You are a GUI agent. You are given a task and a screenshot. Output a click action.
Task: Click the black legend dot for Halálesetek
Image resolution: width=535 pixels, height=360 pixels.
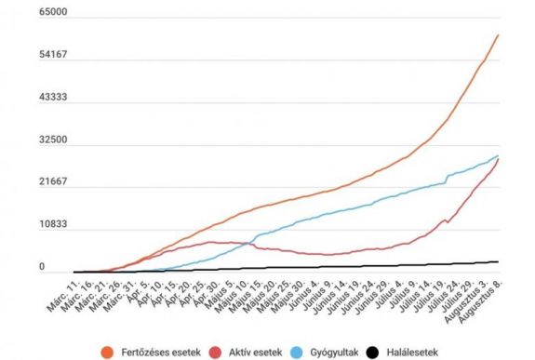pos(373,352)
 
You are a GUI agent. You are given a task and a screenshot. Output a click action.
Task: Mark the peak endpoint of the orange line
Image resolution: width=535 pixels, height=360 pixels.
pos(499,35)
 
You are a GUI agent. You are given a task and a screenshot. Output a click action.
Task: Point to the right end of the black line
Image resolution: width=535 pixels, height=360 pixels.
pos(499,262)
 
